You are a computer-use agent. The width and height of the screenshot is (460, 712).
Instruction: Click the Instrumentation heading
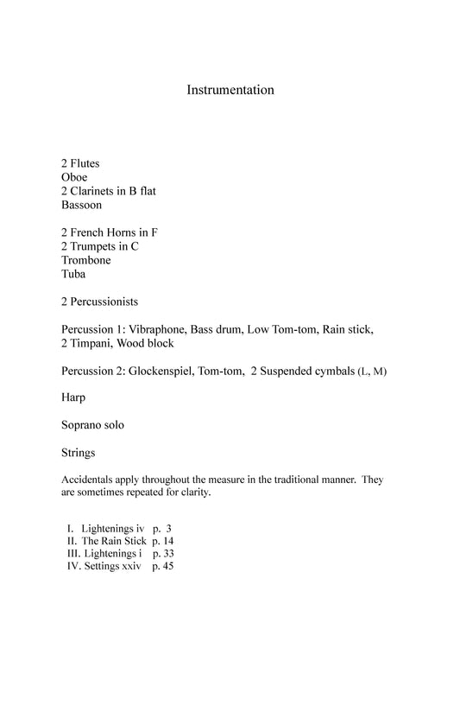click(230, 90)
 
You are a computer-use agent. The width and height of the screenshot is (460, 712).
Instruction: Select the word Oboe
click(74, 177)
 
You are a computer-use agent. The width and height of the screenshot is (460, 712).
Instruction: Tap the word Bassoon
click(81, 205)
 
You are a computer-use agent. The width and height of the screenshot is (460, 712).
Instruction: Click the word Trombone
click(86, 260)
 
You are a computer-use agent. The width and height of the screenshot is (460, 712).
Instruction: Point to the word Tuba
click(74, 274)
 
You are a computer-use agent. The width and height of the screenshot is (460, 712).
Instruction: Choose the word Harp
click(74, 398)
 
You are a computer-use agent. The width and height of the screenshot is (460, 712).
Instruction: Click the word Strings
click(79, 452)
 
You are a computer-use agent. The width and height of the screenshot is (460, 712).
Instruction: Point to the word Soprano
click(83, 425)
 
